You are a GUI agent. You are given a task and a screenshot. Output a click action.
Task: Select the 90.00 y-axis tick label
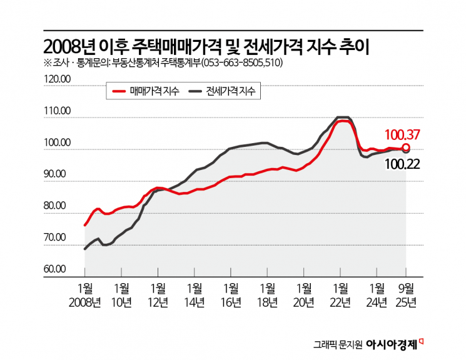tap(59, 174)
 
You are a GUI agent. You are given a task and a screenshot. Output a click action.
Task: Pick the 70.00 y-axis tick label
tap(59, 237)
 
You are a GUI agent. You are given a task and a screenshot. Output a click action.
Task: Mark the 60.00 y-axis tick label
tap(59, 269)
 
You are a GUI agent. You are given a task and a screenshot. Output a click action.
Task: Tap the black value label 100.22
tap(401, 164)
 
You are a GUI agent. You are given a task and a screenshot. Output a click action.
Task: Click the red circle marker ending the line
tap(406, 147)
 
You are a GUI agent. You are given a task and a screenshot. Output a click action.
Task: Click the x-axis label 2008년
tap(84, 302)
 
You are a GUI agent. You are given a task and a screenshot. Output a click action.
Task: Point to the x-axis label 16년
tap(231, 302)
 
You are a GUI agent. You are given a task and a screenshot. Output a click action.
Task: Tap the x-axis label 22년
tap(342, 302)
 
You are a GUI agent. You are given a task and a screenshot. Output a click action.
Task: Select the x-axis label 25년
tap(407, 302)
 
